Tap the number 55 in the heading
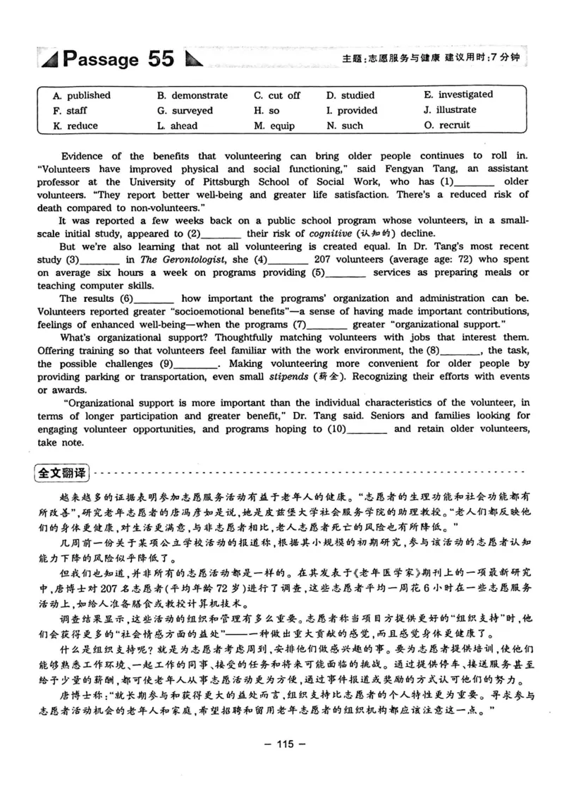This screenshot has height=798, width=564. (x=160, y=59)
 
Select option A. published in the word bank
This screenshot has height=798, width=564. (x=82, y=95)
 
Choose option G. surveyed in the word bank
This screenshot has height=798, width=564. (x=185, y=111)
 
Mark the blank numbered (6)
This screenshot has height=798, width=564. (x=153, y=298)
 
